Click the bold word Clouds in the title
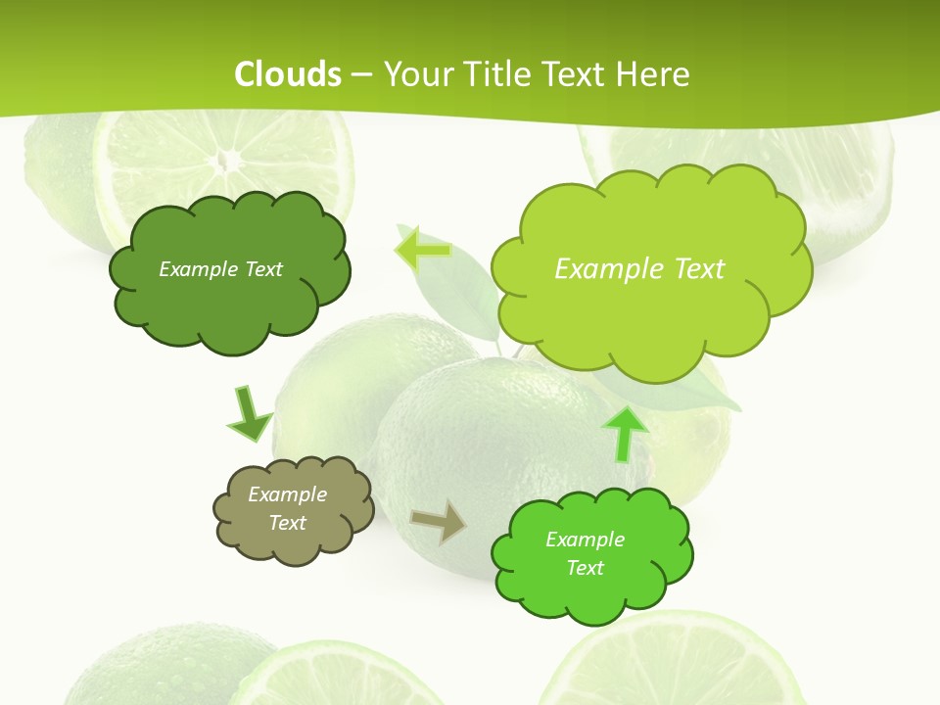point(288,74)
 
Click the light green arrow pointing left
point(422,250)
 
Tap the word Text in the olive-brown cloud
point(287,523)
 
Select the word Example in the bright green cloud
point(585,540)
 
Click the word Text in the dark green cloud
point(262,269)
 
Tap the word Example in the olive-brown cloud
point(287,494)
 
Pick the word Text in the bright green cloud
point(585,568)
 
